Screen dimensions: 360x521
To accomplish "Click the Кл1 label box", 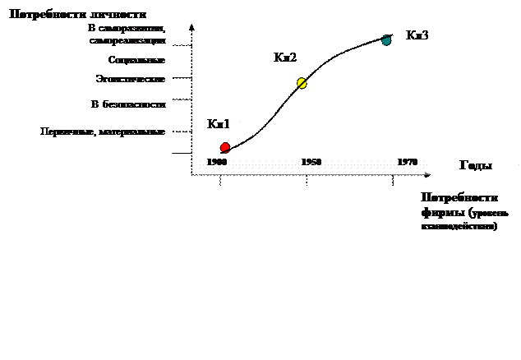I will coord(219,124).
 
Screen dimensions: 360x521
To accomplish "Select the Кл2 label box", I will coord(286,58).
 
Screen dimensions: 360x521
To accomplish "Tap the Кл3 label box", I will coord(418,35).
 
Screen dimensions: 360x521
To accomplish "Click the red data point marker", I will coord(225,147).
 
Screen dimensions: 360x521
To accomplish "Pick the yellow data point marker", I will coord(302,83).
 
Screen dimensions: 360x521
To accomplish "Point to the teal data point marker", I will coord(386,41).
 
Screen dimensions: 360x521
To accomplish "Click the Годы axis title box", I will coord(485,168).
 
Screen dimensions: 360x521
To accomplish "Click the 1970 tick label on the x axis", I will coord(408,163).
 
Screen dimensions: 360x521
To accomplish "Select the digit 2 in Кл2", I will coord(294,58).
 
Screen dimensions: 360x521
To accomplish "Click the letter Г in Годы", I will coord(463,165).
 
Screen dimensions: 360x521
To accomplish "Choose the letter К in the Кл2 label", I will coord(279,58).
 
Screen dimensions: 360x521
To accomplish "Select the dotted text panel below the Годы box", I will coord(467,218).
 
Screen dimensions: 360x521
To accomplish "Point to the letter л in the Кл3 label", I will coord(417,36).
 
